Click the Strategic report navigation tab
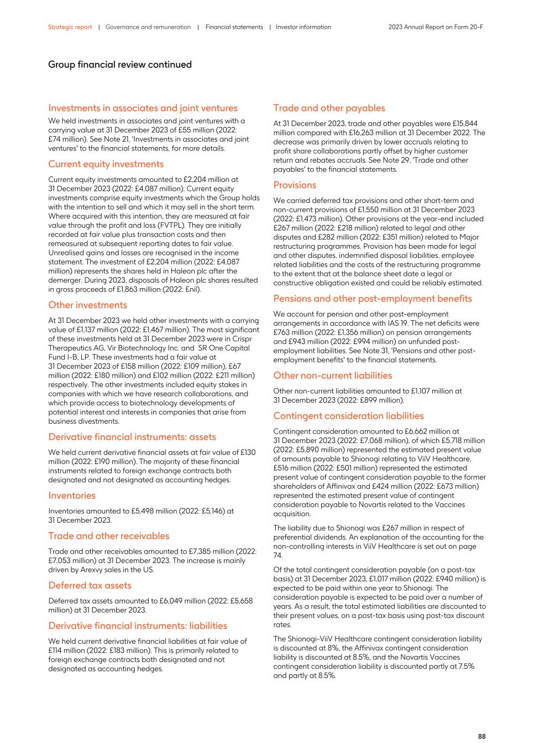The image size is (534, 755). click(x=70, y=27)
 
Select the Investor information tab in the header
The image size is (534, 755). click(x=303, y=27)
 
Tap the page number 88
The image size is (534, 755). click(x=481, y=736)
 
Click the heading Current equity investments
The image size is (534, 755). click(x=106, y=164)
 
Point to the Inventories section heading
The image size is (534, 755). click(x=71, y=496)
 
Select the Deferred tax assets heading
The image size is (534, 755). click(x=90, y=585)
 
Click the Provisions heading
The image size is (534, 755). click(x=295, y=185)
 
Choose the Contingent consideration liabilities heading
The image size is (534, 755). click(x=348, y=416)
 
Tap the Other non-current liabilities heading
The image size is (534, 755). click(x=332, y=376)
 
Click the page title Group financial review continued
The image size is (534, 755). click(x=119, y=65)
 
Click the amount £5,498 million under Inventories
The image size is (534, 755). click(x=134, y=511)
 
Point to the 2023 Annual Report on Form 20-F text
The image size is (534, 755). click(x=436, y=27)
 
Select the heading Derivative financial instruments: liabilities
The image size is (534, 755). click(x=138, y=626)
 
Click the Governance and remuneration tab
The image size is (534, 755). click(x=148, y=27)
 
